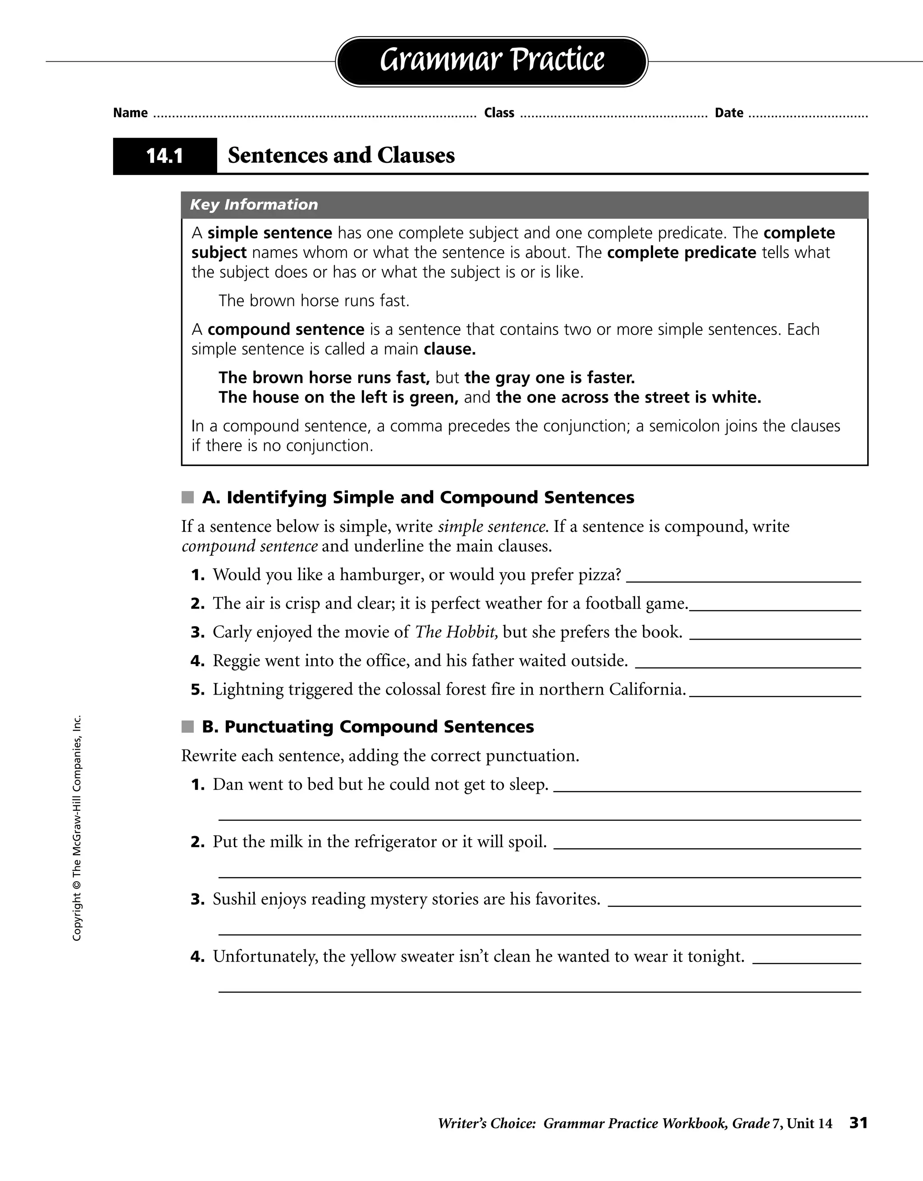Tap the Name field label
pos(130,113)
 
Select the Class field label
pos(498,113)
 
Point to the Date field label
pos(728,113)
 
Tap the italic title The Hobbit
pos(456,632)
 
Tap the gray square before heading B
pos(187,727)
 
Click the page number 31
pos(858,1123)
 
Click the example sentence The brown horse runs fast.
pos(314,301)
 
